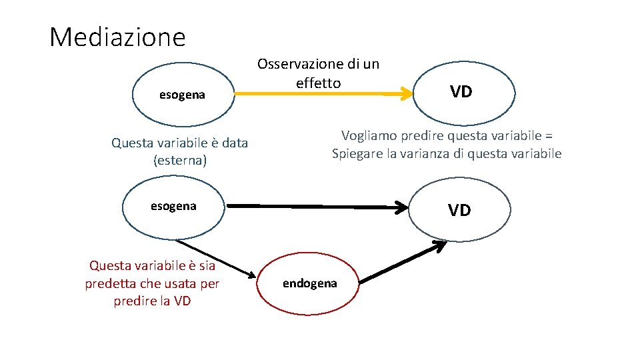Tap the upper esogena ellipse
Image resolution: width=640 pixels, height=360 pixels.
click(182, 95)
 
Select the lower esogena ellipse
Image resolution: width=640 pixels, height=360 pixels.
click(173, 206)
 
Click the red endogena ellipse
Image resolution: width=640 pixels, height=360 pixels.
click(310, 283)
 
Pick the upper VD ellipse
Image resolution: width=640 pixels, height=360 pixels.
click(461, 92)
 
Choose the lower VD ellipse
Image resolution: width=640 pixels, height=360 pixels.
click(459, 211)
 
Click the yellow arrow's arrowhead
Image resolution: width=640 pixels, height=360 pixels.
click(406, 95)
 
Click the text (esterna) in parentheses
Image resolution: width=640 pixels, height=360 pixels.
click(180, 161)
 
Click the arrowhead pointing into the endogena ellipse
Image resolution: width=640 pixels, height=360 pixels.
click(252, 275)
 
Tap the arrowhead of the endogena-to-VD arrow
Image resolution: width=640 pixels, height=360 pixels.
click(440, 246)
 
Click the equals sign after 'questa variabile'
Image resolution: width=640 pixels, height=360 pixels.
click(548, 135)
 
